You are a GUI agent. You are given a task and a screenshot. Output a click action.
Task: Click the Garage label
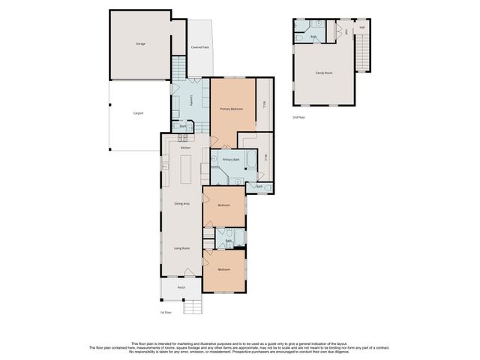point(140,43)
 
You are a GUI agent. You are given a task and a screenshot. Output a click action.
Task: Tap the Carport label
point(138,113)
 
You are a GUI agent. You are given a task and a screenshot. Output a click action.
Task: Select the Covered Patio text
point(199,47)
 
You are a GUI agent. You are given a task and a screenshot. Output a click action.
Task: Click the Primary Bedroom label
point(231,109)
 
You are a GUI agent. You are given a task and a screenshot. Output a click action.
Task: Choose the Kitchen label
point(185,148)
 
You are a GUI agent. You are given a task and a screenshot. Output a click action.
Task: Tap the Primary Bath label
point(231,160)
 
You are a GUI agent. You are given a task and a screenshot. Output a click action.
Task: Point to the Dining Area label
point(181,203)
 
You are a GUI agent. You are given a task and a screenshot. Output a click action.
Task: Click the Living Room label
point(181,247)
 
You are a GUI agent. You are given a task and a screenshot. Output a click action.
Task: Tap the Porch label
point(181,287)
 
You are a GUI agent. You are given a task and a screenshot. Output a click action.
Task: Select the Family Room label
point(323,73)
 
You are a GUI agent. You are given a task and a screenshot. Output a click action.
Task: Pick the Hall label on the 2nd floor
point(361,28)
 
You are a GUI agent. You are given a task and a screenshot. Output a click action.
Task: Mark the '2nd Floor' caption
point(299,118)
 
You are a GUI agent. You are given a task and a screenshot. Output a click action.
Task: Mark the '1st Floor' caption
point(166,312)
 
